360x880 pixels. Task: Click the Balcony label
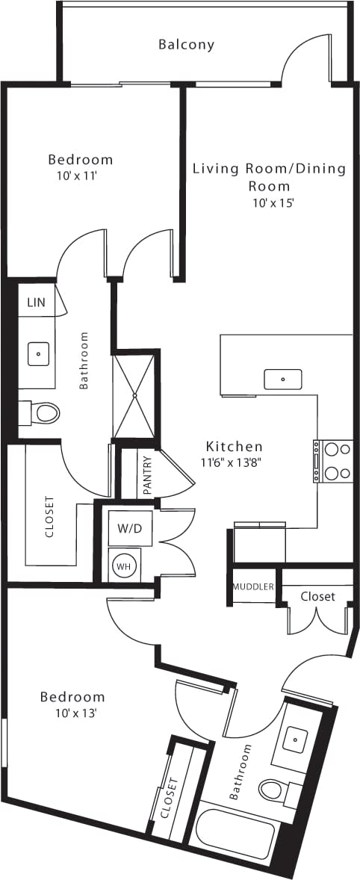[x=186, y=45]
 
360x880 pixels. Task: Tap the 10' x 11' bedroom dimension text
[x=80, y=176]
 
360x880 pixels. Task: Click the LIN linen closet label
[x=36, y=303]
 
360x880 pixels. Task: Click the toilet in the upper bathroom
[x=43, y=412]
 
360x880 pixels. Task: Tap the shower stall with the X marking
[x=135, y=394]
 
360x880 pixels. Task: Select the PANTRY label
[x=147, y=476]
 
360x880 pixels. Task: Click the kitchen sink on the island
[x=283, y=379]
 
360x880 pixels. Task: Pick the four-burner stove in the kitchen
[x=333, y=461]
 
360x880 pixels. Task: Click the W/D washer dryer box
[x=129, y=527]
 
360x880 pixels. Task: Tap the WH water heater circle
[x=122, y=566]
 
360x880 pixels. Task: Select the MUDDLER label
[x=253, y=586]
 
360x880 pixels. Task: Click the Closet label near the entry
[x=317, y=596]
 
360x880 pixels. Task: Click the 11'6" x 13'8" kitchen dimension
[x=234, y=462]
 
